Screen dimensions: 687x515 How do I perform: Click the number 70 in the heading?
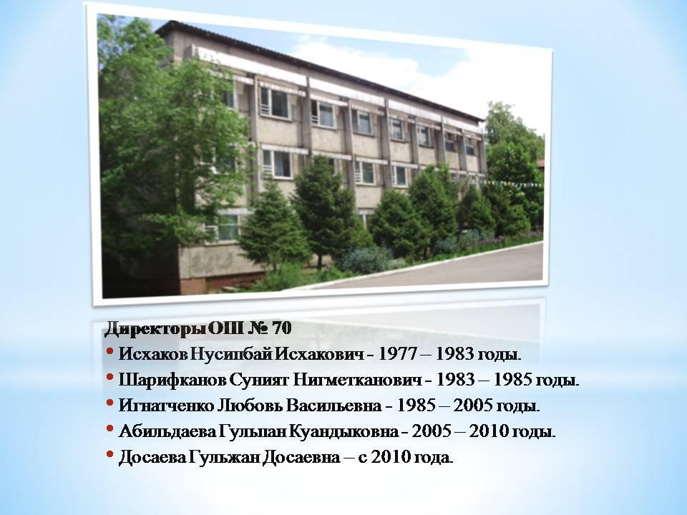click(x=282, y=328)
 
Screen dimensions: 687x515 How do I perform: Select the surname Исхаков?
click(x=153, y=354)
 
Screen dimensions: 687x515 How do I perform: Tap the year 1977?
click(x=395, y=354)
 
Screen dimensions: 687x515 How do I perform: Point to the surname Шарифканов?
click(x=173, y=380)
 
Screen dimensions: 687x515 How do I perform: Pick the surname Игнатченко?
click(x=166, y=406)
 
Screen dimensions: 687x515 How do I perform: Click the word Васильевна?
click(x=334, y=406)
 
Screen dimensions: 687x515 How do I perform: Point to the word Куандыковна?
click(x=343, y=431)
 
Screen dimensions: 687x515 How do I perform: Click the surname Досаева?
click(x=153, y=458)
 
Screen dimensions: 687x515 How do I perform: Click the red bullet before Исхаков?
click(x=110, y=351)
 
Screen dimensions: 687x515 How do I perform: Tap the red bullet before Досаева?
click(x=110, y=454)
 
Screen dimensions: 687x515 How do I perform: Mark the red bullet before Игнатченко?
click(x=110, y=403)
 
